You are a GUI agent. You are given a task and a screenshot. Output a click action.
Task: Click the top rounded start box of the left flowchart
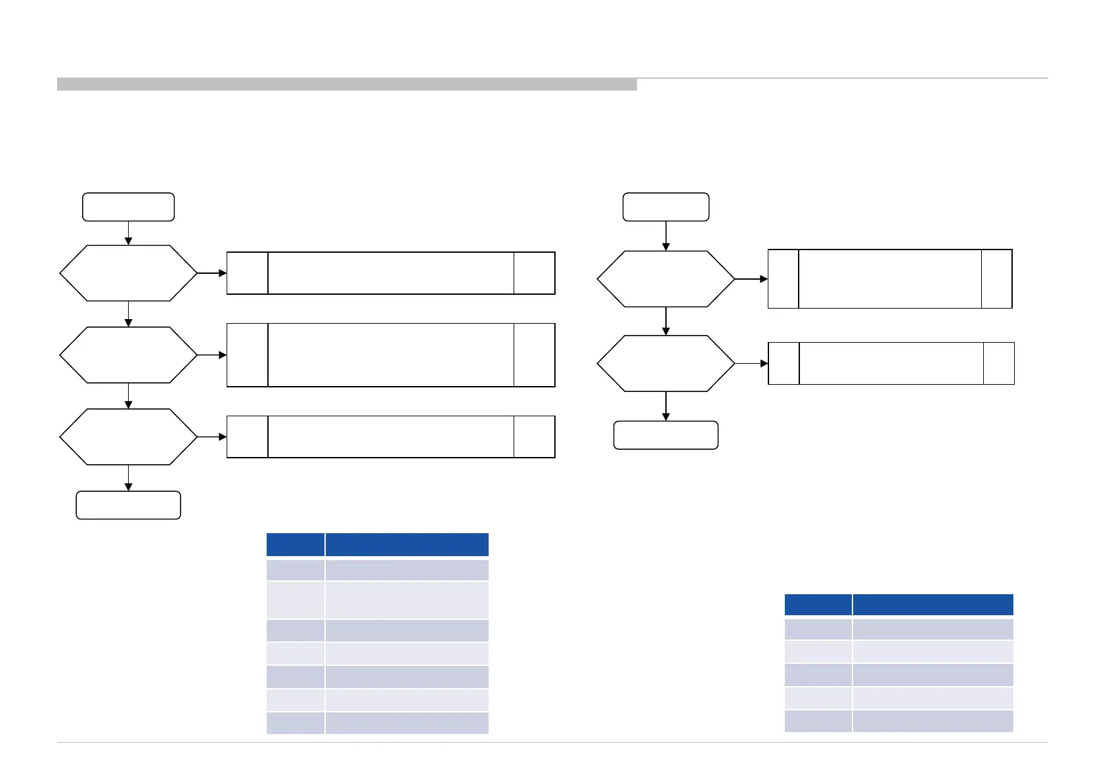pyautogui.click(x=128, y=207)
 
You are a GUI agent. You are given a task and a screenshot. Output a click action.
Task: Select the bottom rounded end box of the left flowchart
pyautogui.click(x=128, y=505)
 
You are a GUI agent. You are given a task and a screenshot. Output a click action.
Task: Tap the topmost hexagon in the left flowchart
pyautogui.click(x=128, y=273)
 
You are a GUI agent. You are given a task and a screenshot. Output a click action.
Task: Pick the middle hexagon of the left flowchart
pyautogui.click(x=128, y=355)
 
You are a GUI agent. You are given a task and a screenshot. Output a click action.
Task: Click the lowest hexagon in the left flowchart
pyautogui.click(x=128, y=437)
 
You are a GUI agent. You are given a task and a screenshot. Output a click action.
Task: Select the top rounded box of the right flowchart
pyautogui.click(x=666, y=207)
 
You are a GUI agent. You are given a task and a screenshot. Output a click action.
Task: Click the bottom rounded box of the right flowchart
pyautogui.click(x=666, y=435)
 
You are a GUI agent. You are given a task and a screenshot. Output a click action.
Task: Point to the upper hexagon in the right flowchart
pyautogui.click(x=666, y=279)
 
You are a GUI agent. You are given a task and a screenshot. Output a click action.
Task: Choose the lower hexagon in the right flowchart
pyautogui.click(x=666, y=363)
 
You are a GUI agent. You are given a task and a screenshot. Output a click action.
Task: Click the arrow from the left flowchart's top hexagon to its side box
pyautogui.click(x=212, y=273)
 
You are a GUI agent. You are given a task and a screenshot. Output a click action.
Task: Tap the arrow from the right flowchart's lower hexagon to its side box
pyautogui.click(x=751, y=363)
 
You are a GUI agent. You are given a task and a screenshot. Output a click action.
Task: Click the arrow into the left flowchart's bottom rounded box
pyautogui.click(x=128, y=478)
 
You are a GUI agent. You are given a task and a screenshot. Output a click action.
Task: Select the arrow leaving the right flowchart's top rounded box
pyautogui.click(x=666, y=236)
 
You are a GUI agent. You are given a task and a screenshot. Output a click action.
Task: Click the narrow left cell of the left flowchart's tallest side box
pyautogui.click(x=248, y=355)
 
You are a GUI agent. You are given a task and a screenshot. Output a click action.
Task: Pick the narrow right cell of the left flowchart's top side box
pyautogui.click(x=534, y=273)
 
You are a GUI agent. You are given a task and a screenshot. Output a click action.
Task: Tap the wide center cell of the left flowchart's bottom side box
pyautogui.click(x=391, y=437)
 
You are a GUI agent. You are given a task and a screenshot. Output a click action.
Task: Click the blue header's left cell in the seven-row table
pyautogui.click(x=296, y=545)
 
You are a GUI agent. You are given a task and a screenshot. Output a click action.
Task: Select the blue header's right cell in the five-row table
pyautogui.click(x=933, y=605)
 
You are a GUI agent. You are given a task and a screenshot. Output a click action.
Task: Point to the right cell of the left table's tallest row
pyautogui.click(x=407, y=600)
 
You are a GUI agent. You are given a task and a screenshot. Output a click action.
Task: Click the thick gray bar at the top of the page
pyautogui.click(x=347, y=85)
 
